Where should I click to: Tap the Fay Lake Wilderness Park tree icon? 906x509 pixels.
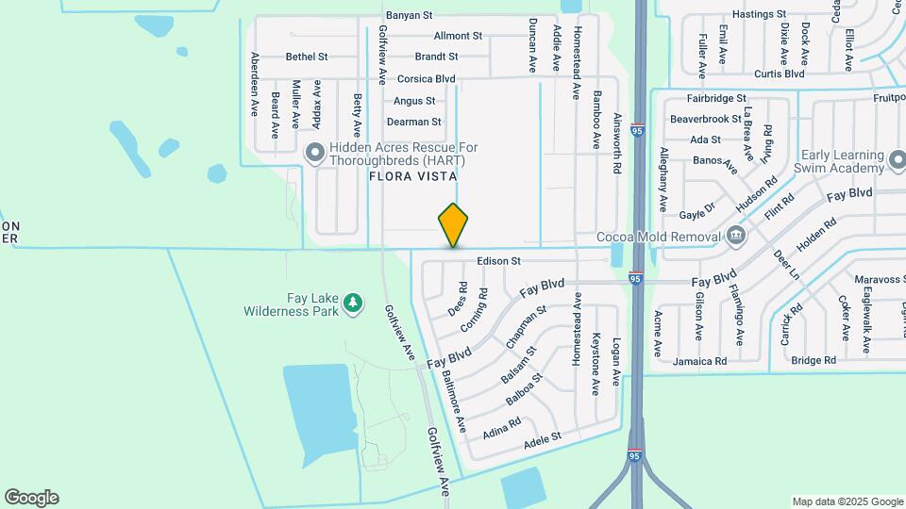353,303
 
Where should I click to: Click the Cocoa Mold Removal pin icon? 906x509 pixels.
736,236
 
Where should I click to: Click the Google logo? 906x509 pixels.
31,498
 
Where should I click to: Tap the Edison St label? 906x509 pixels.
499,260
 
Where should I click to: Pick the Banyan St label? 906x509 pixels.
409,15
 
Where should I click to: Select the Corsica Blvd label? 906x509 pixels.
426,79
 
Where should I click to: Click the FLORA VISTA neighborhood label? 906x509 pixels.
412,176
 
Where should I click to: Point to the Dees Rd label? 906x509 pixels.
459,300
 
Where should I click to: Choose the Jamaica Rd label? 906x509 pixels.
699,361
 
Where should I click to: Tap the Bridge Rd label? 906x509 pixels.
814,360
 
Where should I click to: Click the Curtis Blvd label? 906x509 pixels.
779,74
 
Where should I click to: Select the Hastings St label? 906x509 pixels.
759,15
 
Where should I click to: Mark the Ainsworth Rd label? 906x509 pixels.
617,151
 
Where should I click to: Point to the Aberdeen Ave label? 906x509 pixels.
255,84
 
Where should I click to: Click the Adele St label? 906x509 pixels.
543,436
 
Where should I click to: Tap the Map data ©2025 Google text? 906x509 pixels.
847,501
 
